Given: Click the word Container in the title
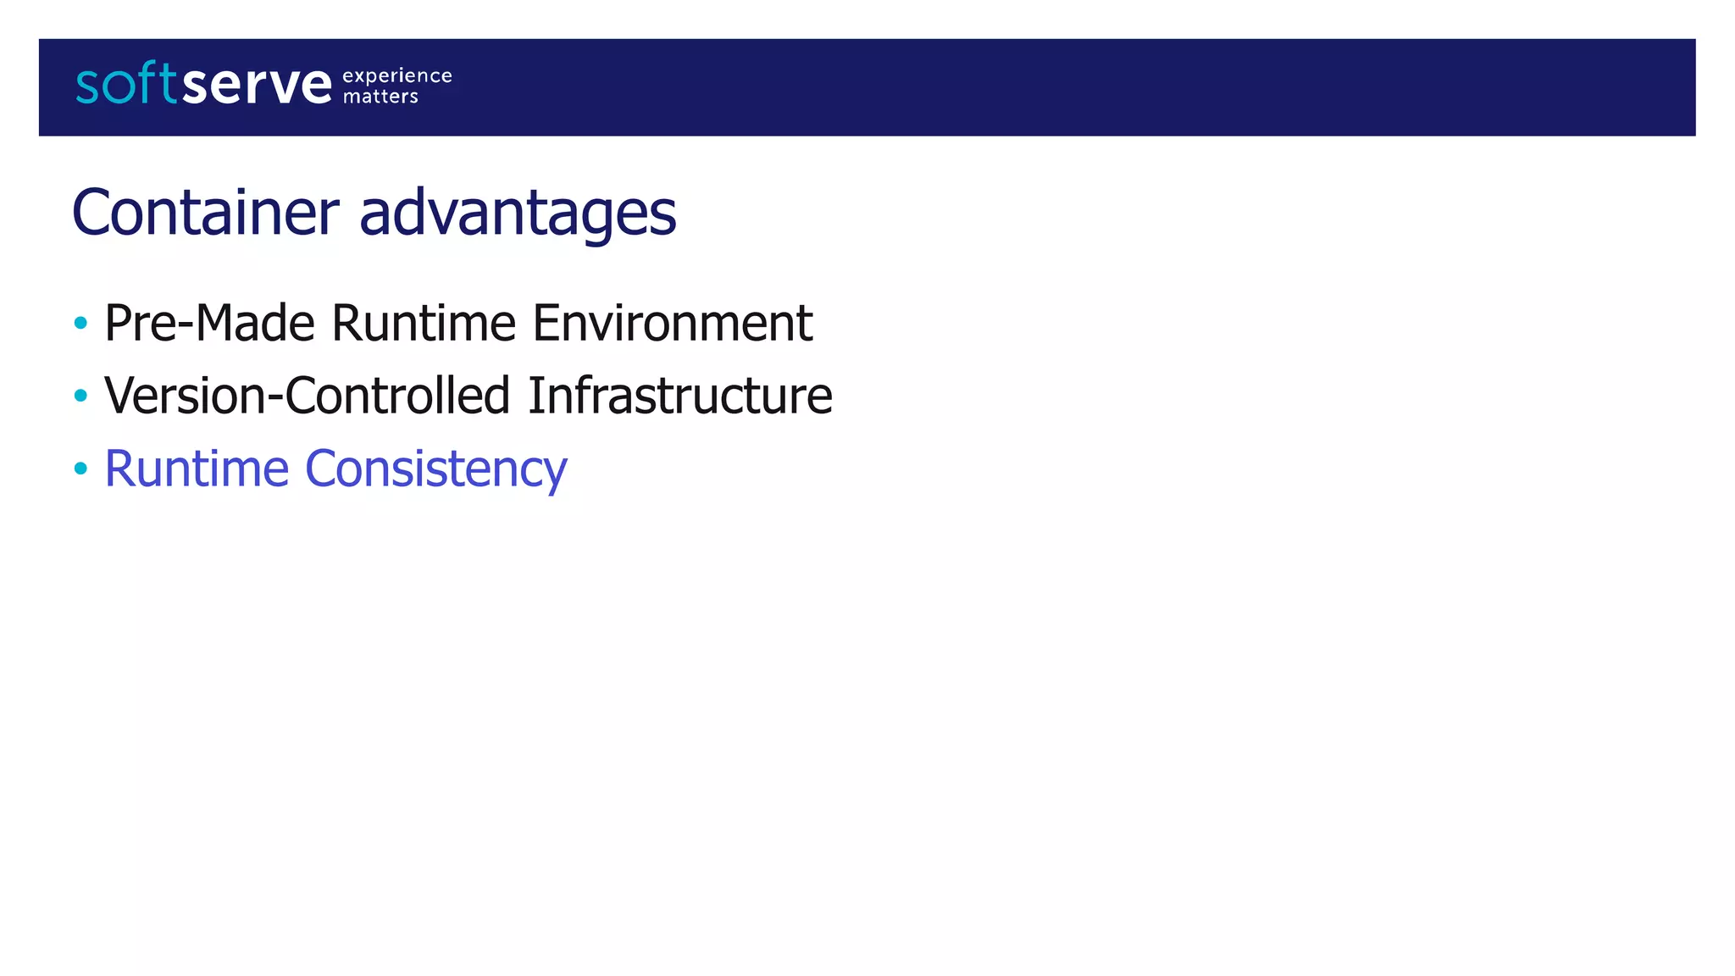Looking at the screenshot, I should coord(206,212).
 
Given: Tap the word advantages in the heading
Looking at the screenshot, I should coord(518,213).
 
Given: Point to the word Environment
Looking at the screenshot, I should coord(673,323).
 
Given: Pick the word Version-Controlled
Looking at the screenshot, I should coord(307,396).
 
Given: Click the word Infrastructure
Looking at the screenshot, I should coord(680,396).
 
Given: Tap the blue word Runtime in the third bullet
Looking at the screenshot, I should coord(197,469).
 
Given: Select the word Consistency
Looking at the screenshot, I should coord(436,470).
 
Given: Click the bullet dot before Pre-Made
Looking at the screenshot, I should coord(80,323).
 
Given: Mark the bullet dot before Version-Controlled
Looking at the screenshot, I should coord(80,395).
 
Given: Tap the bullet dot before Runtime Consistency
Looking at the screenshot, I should coord(80,468).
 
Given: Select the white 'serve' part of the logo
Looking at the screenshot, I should coord(257,85).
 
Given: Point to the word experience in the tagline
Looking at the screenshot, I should coord(397,75).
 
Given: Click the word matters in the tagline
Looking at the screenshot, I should coord(380,97).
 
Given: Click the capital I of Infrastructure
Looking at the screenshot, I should coord(535,396).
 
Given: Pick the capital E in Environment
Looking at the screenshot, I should coord(545,323).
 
